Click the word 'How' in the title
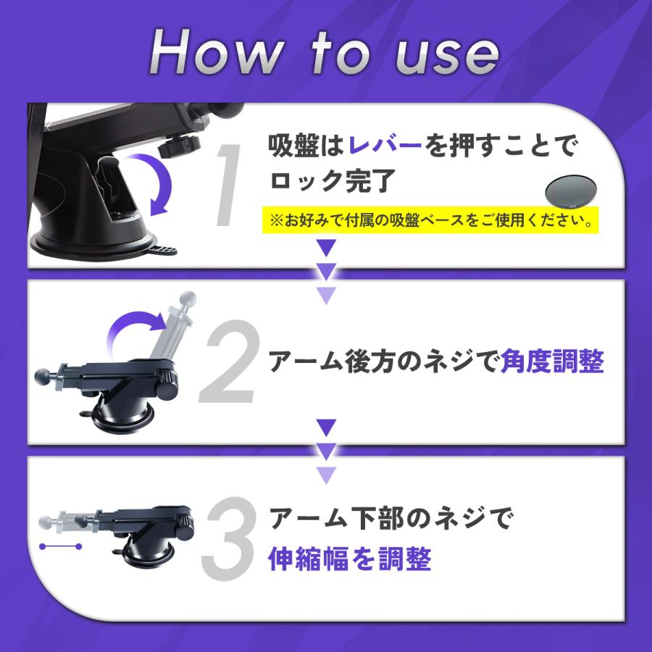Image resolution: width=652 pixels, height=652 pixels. click(x=216, y=52)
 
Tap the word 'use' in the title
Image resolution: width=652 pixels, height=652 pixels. click(x=447, y=57)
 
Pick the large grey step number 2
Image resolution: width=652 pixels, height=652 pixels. click(x=230, y=361)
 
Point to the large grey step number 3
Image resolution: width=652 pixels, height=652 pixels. click(x=228, y=538)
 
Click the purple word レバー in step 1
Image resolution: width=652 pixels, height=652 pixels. click(x=385, y=146)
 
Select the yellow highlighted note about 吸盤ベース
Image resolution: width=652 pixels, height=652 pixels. click(x=430, y=220)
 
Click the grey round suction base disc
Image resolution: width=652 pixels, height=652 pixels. click(x=571, y=191)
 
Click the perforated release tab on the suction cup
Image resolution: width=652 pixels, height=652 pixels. click(x=162, y=251)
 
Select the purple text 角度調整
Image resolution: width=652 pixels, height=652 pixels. click(x=552, y=361)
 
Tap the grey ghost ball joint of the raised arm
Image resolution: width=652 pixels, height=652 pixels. click(x=188, y=298)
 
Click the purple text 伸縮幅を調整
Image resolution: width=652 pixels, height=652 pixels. click(x=350, y=559)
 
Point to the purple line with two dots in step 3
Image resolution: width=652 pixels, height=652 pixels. click(x=60, y=546)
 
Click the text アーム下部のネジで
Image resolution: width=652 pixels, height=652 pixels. click(x=391, y=518)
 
